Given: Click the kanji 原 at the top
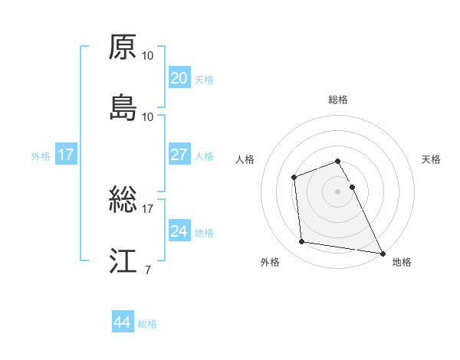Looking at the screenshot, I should [x=123, y=47].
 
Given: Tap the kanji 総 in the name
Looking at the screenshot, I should [x=123, y=201].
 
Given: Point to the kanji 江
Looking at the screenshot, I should [x=123, y=261].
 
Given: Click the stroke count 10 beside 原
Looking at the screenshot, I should [x=148, y=55].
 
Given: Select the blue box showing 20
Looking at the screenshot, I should [x=179, y=78].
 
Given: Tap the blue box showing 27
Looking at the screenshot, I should [x=179, y=155].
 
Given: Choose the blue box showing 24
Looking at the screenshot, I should [x=179, y=231].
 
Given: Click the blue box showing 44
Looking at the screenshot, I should [x=122, y=322].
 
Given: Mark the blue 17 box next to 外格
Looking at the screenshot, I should [x=66, y=155].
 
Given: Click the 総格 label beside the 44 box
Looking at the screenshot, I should [x=147, y=324].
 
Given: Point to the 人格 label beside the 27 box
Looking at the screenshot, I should [x=204, y=156].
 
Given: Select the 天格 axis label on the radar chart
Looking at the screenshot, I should [x=432, y=159].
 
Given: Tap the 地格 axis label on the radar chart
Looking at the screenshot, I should [x=402, y=263].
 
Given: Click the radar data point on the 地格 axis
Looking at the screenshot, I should [x=383, y=254].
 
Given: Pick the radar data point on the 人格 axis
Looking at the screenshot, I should [x=294, y=178].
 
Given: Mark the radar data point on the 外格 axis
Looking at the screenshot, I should [x=303, y=242].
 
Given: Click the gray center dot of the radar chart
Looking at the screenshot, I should [x=338, y=191].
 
